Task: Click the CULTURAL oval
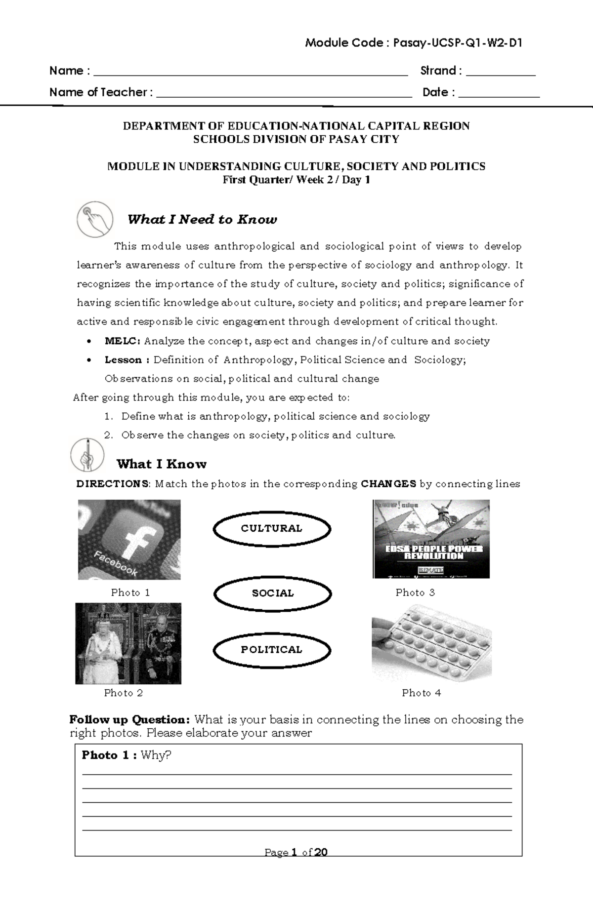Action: point(272,529)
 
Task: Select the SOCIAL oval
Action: point(272,593)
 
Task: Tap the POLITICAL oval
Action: point(272,650)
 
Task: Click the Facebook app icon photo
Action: point(129,540)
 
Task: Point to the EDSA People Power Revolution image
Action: point(431,539)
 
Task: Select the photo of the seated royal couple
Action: point(128,643)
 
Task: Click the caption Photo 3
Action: point(415,592)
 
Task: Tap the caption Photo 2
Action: point(124,693)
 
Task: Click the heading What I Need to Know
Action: point(202,220)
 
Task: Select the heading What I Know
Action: point(162,464)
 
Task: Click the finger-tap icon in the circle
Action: point(95,219)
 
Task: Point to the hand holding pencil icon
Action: point(87,454)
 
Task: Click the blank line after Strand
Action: point(501,74)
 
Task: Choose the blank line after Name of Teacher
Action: point(284,96)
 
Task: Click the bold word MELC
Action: point(122,341)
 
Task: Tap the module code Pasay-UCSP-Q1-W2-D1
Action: point(458,43)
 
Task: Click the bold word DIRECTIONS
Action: point(112,484)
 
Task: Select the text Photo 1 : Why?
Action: point(126,755)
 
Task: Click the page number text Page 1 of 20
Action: point(296,853)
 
